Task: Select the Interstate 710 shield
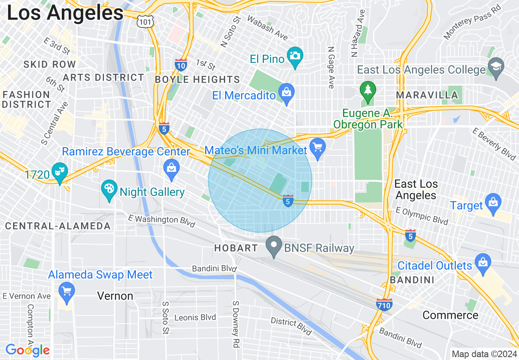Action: [x=384, y=305]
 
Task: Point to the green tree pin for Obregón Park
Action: [x=368, y=90]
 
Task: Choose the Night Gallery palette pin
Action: [x=109, y=190]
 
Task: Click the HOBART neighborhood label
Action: [x=237, y=248]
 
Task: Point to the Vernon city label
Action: [x=115, y=296]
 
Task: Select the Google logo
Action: [x=27, y=350]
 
